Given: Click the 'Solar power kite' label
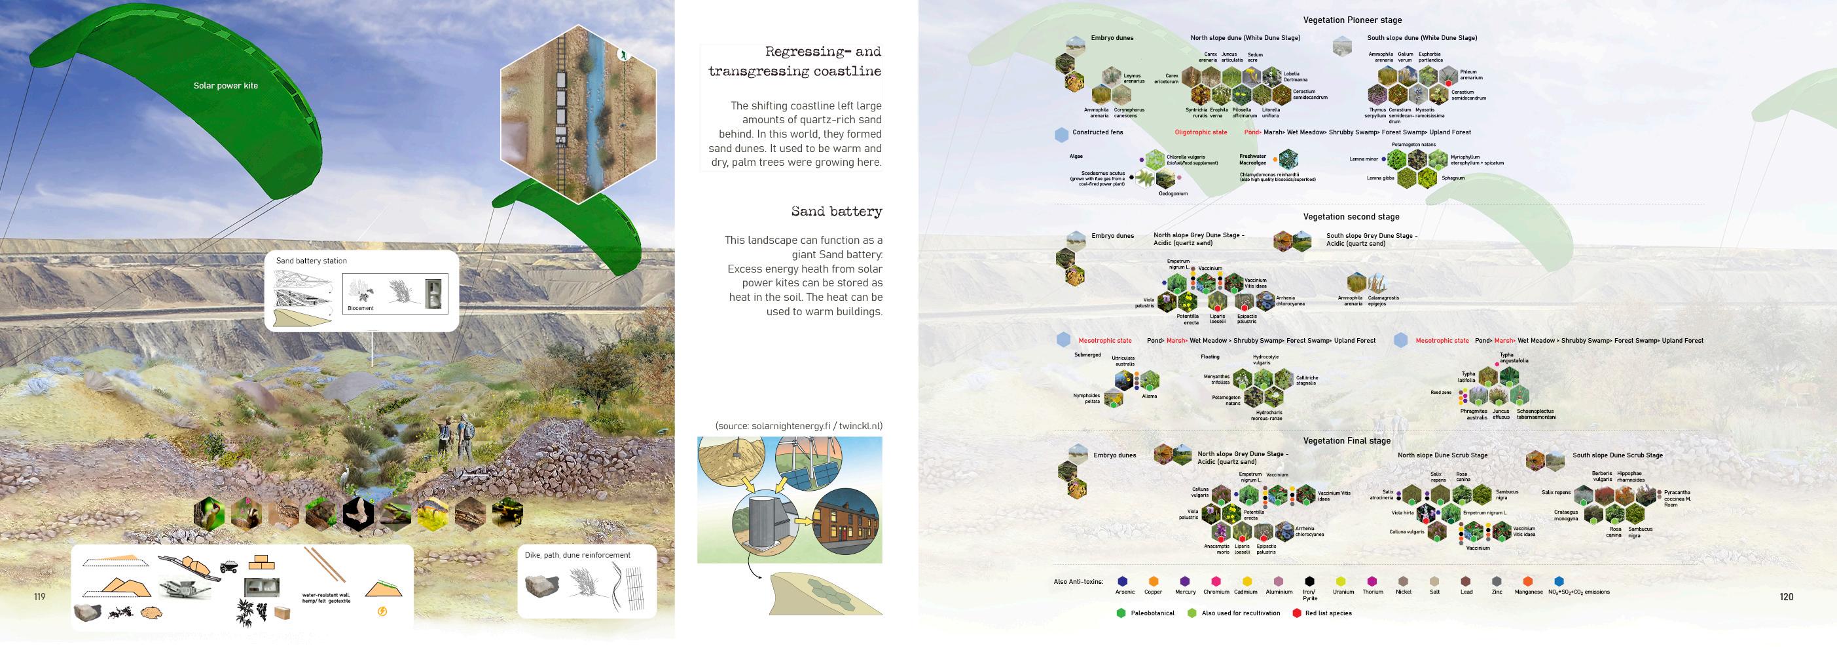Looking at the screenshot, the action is (225, 86).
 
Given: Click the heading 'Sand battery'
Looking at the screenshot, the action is (836, 211).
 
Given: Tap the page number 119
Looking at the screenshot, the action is (39, 596).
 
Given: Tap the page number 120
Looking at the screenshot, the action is (1786, 596).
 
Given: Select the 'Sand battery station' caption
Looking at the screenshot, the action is (311, 261).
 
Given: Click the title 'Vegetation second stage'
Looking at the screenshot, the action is (1351, 216).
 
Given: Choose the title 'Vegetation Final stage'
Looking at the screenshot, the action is (1347, 441).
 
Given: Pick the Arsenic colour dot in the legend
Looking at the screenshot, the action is (1123, 581).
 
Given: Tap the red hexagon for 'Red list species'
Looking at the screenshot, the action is (1296, 613).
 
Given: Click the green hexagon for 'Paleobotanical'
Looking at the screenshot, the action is (1121, 613).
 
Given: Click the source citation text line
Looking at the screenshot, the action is (798, 426).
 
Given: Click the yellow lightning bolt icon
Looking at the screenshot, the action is (382, 611).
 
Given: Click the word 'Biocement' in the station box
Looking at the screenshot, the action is (360, 308).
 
